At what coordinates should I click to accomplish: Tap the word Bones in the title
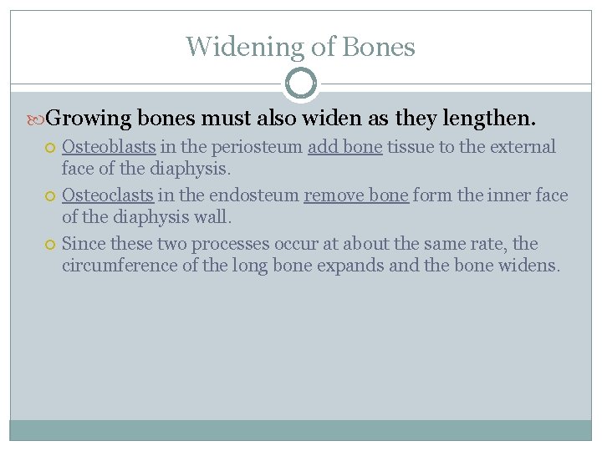377,47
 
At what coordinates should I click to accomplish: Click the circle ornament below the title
301,84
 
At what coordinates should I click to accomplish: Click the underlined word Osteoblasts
109,147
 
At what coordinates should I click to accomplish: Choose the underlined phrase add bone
345,147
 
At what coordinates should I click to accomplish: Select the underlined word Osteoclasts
108,195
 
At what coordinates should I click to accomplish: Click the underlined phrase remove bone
356,195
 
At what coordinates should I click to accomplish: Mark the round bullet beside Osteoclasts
51,196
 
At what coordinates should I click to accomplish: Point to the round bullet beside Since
51,245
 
